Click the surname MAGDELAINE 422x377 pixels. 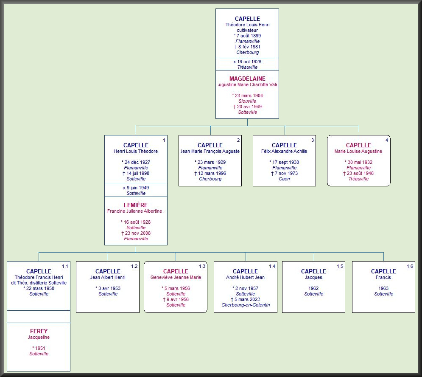pos(247,79)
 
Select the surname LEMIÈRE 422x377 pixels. pos(136,205)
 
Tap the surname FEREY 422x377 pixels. pos(39,331)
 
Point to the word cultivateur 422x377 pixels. pos(247,31)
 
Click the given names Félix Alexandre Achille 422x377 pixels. pos(284,151)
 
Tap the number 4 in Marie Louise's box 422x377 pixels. pos(386,140)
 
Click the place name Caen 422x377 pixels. pos(284,179)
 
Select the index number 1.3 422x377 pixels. pos(202,266)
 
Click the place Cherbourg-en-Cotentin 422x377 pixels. pos(246,305)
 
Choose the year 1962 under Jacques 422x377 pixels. pos(314,288)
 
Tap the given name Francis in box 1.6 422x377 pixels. pos(383,277)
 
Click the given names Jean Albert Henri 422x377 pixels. pos(108,277)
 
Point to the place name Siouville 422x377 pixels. pos(247,101)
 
